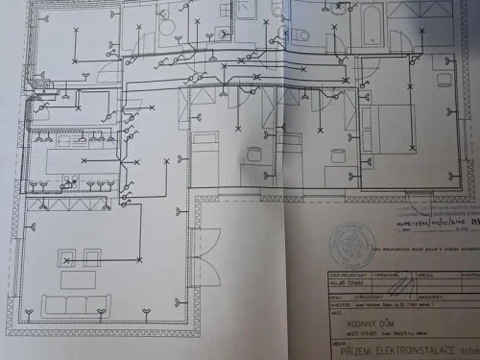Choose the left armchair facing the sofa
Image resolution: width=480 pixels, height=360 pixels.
pyautogui.click(x=67, y=257)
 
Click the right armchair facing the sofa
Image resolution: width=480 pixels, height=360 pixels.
pyautogui.click(x=92, y=257)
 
